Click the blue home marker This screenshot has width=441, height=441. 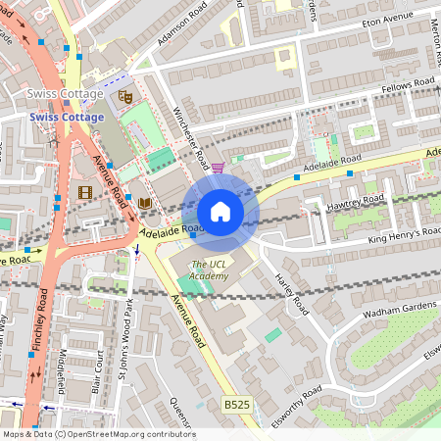220,212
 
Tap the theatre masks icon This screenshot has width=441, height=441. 124,96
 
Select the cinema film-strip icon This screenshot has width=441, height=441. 85,192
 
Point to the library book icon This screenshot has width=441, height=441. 145,202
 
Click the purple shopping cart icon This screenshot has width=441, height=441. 218,168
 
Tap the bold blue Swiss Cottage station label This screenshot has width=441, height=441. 67,117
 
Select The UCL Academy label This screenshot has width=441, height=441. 209,270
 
